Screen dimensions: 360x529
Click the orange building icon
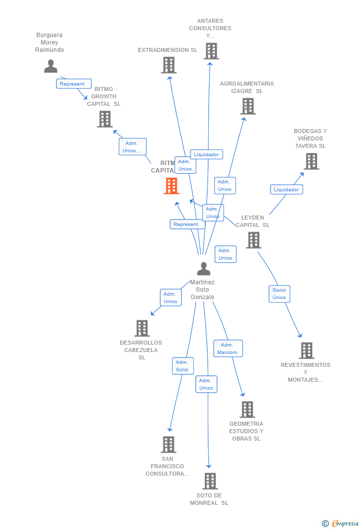point(172,186)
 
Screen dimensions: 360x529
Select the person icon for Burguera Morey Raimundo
point(50,66)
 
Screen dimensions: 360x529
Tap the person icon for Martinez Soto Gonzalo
point(203,268)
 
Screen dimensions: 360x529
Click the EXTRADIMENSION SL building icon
point(169,65)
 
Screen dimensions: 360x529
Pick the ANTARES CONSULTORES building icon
point(211,51)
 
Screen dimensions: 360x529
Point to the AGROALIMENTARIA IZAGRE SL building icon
point(248,106)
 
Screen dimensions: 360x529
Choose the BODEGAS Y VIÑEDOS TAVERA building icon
point(311,161)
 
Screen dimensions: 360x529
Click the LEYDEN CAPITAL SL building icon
point(254,240)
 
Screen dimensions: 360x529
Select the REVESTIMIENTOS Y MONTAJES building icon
point(307,351)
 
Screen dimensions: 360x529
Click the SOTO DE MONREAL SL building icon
point(210,481)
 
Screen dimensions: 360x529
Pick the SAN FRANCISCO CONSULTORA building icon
point(169,444)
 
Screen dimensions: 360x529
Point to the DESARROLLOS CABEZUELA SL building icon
point(142,328)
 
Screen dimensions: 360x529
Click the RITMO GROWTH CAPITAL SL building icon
point(105,119)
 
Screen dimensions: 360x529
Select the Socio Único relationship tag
point(279,294)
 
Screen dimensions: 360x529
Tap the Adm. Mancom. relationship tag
point(228,349)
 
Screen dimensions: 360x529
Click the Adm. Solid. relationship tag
point(182,366)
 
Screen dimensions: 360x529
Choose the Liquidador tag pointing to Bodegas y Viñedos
point(286,189)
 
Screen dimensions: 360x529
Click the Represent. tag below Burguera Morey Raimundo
point(74,84)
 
